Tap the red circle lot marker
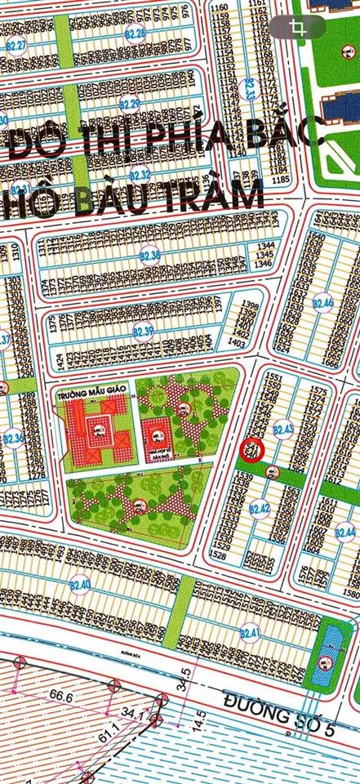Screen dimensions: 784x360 coord(252,448)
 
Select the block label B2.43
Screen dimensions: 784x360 coord(283,428)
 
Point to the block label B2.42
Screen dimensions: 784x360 coord(259,510)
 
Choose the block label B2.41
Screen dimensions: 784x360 coord(251,634)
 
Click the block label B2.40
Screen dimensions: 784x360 coord(80,585)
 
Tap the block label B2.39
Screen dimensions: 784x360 coord(144,332)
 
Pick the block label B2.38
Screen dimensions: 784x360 coord(150,256)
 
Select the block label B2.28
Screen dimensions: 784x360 coord(136,33)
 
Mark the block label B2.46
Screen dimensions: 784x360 coord(323,304)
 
